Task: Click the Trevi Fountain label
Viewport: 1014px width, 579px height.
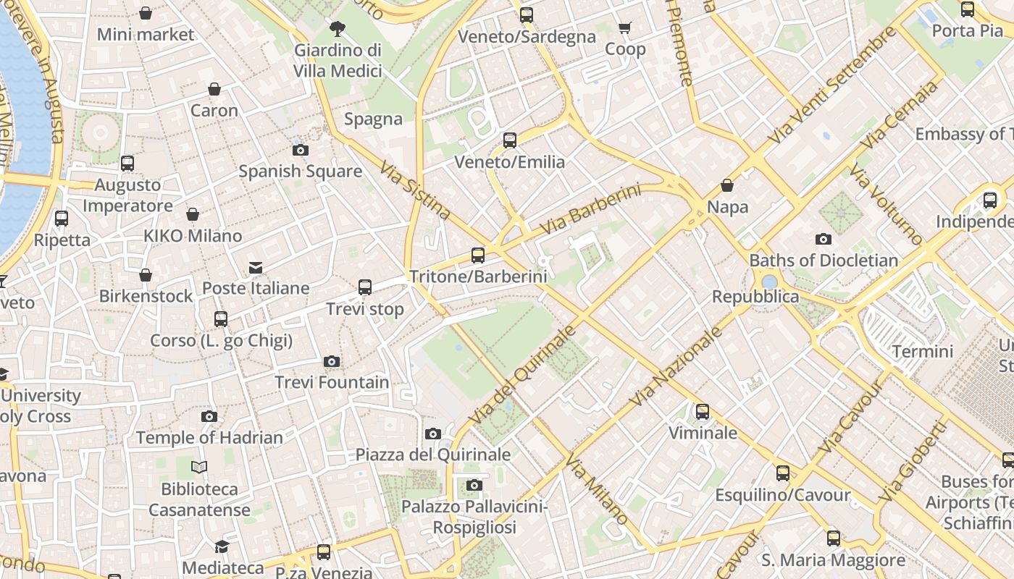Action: [332, 382]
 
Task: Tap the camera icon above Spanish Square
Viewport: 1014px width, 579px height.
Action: [300, 151]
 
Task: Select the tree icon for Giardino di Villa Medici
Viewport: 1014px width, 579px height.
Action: [337, 29]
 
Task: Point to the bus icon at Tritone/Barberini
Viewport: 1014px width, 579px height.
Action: [478, 255]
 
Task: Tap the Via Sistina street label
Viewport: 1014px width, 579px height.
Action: [415, 190]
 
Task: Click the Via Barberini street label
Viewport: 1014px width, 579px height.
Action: [591, 209]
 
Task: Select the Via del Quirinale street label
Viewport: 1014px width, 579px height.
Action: [521, 375]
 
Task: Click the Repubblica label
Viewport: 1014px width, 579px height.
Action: [755, 297]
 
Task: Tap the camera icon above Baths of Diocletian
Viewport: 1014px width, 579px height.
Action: [823, 239]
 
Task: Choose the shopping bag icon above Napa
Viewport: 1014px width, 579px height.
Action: [727, 185]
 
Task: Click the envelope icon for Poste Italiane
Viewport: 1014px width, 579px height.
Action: [256, 268]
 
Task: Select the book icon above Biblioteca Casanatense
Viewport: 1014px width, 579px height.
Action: [199, 468]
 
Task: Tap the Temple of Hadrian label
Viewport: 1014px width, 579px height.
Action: [209, 438]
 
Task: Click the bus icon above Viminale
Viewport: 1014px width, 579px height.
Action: [702, 412]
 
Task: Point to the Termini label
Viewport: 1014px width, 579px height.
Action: [923, 352]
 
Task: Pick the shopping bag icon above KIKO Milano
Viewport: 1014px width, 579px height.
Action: [193, 214]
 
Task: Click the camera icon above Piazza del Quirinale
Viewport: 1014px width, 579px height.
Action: [433, 434]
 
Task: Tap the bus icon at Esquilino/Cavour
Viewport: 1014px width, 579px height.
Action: [783, 473]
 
